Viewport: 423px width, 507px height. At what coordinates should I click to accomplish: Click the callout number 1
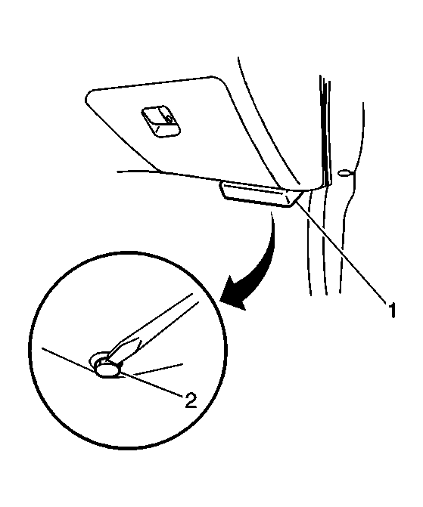coord(392,310)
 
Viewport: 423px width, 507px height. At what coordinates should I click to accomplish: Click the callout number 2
coord(191,400)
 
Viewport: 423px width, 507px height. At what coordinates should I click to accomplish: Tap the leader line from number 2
coord(150,384)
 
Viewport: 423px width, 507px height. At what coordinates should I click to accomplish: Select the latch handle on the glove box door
coord(160,121)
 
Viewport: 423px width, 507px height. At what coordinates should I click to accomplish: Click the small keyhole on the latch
coord(169,119)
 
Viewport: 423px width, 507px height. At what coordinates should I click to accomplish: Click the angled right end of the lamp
coord(297,198)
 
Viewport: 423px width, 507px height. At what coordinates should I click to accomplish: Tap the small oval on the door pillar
coord(344,173)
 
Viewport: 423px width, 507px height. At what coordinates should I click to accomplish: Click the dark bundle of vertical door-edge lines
coord(325,129)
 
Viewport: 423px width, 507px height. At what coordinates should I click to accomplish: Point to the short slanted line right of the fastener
coord(160,369)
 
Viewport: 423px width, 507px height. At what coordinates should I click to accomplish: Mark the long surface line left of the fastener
coord(69,360)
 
